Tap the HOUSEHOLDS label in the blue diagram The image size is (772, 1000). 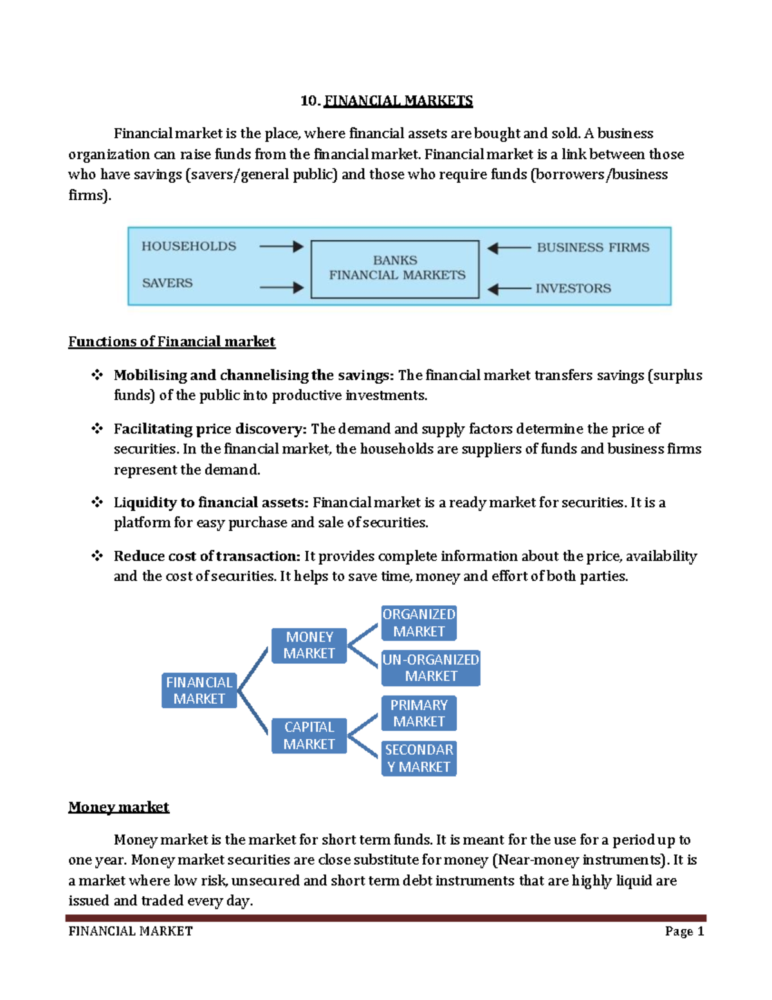click(x=188, y=247)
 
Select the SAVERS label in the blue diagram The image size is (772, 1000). click(x=167, y=283)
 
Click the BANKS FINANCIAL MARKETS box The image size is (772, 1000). click(x=395, y=269)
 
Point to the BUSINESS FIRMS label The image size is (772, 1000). click(x=593, y=248)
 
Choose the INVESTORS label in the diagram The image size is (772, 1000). click(x=573, y=288)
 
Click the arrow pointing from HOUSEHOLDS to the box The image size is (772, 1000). click(x=281, y=247)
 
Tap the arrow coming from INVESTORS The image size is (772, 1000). click(x=509, y=289)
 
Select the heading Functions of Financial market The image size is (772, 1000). click(x=172, y=342)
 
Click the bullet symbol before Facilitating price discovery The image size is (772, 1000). click(x=97, y=428)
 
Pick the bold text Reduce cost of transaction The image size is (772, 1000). click(x=207, y=556)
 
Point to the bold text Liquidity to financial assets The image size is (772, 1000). click(x=211, y=503)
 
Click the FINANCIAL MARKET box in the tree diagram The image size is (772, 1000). click(x=199, y=690)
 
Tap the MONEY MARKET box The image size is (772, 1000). click(x=309, y=645)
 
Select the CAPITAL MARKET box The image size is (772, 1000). click(x=309, y=735)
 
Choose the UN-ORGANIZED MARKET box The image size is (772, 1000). click(x=430, y=668)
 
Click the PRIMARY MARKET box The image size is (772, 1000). click(x=419, y=713)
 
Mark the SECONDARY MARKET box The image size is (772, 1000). click(x=419, y=758)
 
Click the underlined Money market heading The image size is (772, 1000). click(x=118, y=807)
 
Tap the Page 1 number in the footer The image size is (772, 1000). click(x=685, y=932)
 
